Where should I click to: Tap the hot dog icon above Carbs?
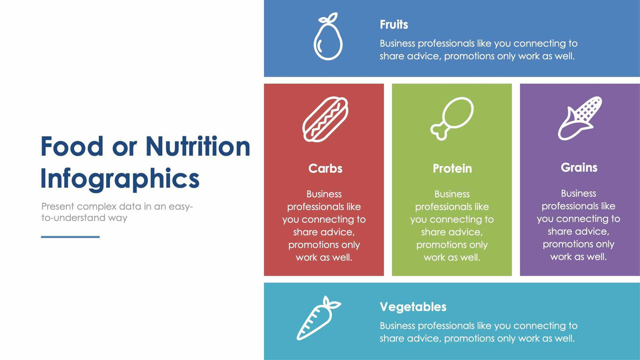325,119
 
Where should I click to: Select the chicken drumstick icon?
452,118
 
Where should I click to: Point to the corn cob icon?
580,118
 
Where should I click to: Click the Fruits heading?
394,25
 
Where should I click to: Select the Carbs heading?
325,168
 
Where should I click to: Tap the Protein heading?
452,168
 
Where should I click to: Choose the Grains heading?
579,168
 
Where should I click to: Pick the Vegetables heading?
413,307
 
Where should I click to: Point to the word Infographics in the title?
120,179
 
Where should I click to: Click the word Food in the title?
72,146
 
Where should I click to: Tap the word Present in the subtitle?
57,207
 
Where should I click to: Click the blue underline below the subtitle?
70,237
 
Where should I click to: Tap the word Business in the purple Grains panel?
579,193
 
